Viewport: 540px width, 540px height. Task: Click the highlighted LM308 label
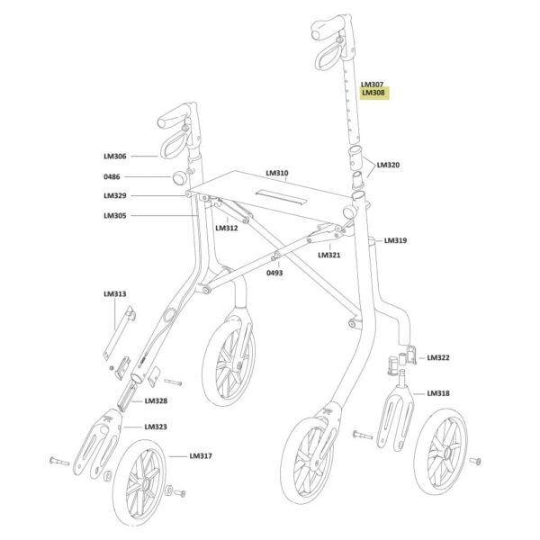tap(373, 93)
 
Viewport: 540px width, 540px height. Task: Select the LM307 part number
tap(372, 85)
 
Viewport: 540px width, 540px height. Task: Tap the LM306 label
tap(115, 156)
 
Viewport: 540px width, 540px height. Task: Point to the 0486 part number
tap(112, 176)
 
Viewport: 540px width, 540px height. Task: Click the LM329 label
tap(115, 195)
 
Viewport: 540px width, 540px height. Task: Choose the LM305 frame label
tap(115, 216)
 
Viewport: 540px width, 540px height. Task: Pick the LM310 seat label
tap(277, 173)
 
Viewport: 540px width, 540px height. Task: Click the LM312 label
tap(227, 228)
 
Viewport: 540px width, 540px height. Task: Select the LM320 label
tap(388, 165)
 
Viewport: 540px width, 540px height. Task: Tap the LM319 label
tap(395, 240)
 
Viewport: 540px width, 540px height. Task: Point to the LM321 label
tap(329, 255)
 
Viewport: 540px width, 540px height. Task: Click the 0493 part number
tap(274, 273)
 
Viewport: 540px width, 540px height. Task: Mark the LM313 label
tap(115, 293)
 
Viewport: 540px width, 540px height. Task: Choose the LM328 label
tap(156, 400)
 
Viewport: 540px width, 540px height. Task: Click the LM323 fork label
tap(156, 427)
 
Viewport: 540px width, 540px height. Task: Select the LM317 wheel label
tap(201, 456)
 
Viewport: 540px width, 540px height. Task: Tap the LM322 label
tap(438, 357)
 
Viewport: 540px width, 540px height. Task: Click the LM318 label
tap(438, 393)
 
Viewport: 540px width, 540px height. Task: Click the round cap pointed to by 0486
tap(179, 177)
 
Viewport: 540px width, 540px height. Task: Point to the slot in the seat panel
tap(281, 196)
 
